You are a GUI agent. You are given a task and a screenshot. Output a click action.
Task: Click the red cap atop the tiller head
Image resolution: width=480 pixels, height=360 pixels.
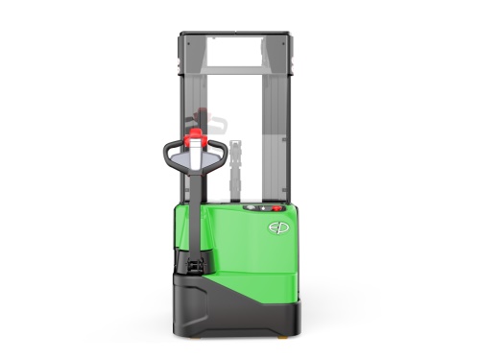pos(197,135)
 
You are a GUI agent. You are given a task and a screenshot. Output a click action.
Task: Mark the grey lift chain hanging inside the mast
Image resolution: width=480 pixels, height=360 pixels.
pos(237,168)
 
